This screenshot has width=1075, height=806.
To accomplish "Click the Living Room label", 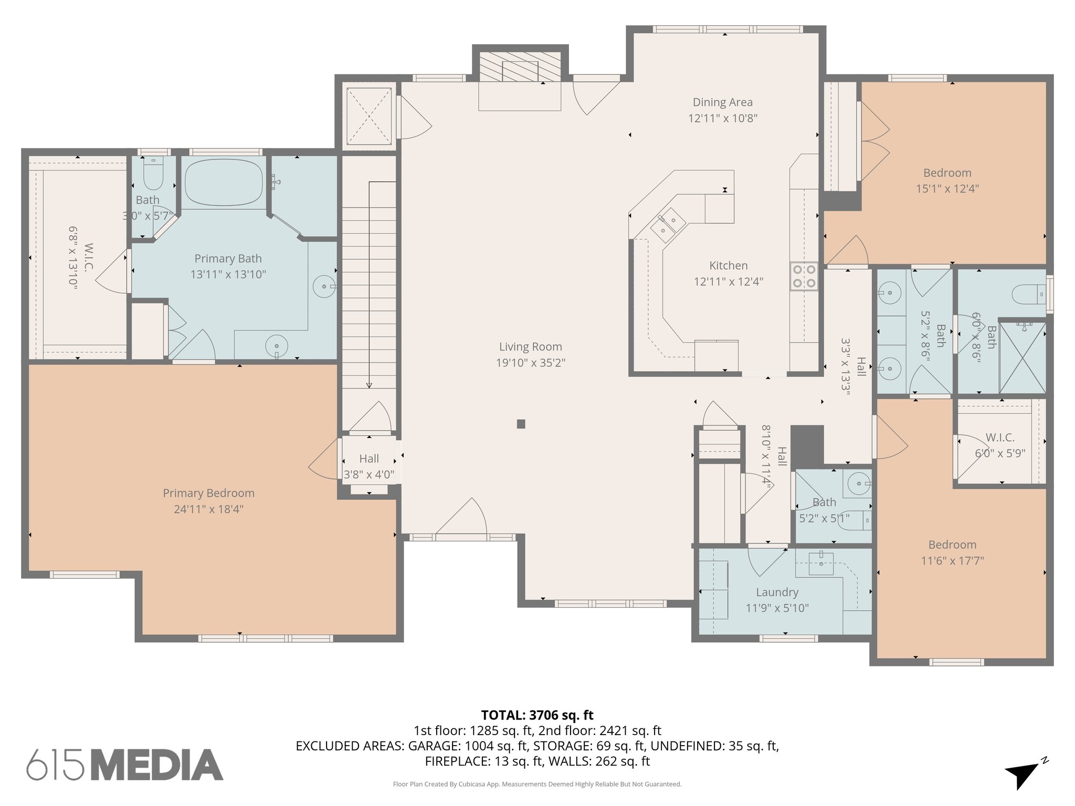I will click(530, 347).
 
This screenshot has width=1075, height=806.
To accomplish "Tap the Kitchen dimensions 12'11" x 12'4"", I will click(728, 282).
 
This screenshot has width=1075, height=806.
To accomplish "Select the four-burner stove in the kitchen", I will click(804, 277).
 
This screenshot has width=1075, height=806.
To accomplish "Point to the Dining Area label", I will click(722, 102).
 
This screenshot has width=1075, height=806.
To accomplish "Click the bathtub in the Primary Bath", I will click(224, 182).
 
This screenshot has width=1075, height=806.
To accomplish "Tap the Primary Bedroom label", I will click(208, 493).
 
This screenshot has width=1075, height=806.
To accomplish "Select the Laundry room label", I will click(777, 592).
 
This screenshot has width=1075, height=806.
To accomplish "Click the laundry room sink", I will click(821, 564).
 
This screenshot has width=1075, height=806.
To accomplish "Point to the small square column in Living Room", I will click(521, 424).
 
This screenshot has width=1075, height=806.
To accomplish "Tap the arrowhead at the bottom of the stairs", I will click(369, 386).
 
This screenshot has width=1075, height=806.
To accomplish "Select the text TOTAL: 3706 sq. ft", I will click(537, 715).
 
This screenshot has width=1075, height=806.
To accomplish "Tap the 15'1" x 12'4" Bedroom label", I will click(947, 173).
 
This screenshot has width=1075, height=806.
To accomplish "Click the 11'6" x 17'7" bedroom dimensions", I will click(952, 561).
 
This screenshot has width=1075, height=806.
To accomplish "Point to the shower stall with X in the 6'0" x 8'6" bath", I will click(1022, 358).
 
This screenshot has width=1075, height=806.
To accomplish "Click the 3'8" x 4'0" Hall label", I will click(368, 459).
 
